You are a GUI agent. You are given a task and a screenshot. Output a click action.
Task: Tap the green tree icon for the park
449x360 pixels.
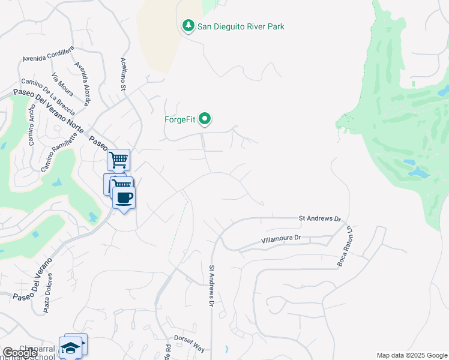[188, 26]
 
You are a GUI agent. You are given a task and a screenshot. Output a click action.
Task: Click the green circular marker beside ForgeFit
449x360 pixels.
[205, 119]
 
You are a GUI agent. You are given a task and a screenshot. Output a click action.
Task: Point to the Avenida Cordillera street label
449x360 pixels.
[48, 53]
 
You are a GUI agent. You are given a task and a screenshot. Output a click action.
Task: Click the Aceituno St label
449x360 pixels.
[123, 76]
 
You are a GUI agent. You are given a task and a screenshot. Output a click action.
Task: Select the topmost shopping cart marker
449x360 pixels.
[119, 160]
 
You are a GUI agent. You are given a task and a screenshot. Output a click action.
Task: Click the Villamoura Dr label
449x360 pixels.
[281, 239]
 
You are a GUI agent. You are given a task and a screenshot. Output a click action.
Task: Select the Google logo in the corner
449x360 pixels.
[20, 353]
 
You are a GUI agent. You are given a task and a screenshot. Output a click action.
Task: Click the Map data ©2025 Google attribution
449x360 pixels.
[411, 355]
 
